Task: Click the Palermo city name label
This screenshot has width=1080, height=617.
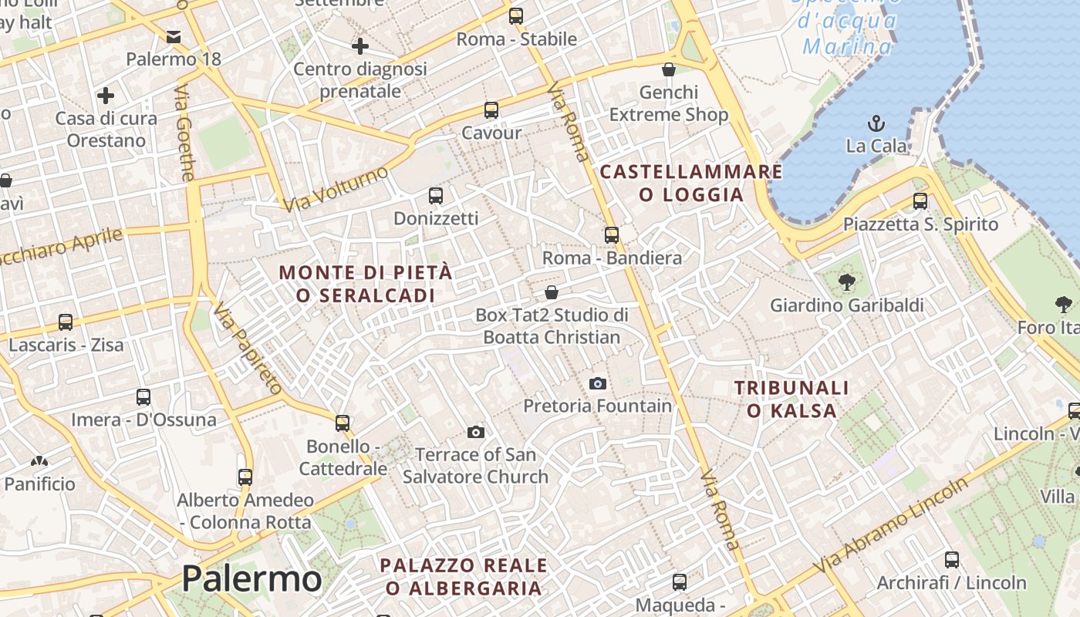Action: pos(251,578)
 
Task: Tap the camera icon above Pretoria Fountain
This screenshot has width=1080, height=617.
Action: pos(597,383)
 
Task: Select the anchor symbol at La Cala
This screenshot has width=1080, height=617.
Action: pos(876,123)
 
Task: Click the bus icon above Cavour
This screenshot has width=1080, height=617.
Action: pos(491,110)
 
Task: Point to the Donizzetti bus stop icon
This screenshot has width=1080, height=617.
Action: pos(436,196)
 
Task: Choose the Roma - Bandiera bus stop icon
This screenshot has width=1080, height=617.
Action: pos(612,235)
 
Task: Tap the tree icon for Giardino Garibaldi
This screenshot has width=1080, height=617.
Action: pos(846,282)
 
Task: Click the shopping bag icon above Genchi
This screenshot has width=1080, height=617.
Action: pos(669,69)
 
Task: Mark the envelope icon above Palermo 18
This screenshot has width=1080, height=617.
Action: pos(174,36)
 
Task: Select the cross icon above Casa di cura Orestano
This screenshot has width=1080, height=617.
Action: pos(106,96)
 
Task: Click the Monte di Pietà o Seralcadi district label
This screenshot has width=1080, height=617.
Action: pos(366,284)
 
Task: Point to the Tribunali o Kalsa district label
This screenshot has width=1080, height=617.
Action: pos(791,399)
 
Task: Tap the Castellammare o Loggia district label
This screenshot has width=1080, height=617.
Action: pos(691,183)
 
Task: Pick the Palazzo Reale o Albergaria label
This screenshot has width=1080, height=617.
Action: pos(464,576)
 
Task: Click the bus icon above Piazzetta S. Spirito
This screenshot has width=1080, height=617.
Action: pos(920,201)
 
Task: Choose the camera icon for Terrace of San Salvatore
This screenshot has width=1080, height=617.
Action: pos(476,432)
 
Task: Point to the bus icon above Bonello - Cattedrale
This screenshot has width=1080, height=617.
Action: pos(343,423)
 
